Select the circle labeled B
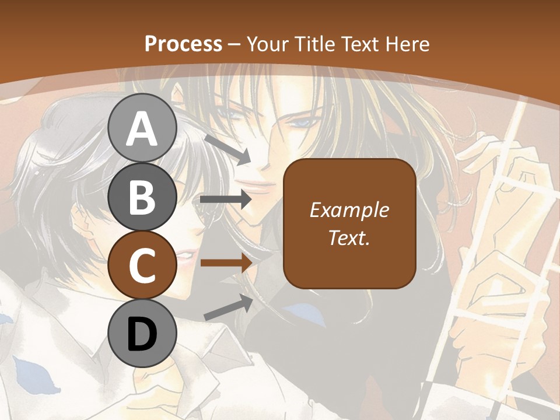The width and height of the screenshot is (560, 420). click(x=142, y=197)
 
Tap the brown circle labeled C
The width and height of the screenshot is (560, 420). click(x=142, y=265)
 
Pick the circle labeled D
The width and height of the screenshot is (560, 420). click(x=142, y=333)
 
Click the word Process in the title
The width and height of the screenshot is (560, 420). click(x=183, y=44)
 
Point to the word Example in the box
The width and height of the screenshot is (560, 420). click(x=349, y=210)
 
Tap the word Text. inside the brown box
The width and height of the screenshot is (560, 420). click(x=349, y=237)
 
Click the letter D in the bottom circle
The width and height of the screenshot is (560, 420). click(x=142, y=334)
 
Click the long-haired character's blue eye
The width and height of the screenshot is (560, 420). click(x=301, y=124)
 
